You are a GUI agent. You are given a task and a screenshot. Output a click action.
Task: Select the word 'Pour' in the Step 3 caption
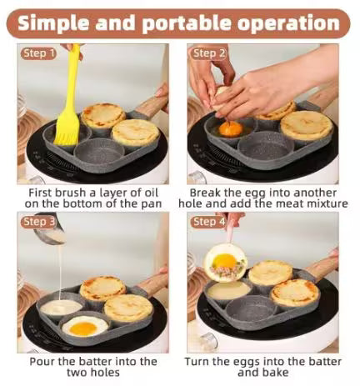pyautogui.click(x=44, y=361)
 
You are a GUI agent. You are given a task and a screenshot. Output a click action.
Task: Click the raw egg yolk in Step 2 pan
pyautogui.click(x=231, y=128)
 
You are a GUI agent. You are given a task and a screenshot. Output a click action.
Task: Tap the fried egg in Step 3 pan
pyautogui.click(x=85, y=326)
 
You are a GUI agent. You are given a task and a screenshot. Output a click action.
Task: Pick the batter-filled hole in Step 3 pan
pyautogui.click(x=62, y=307)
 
